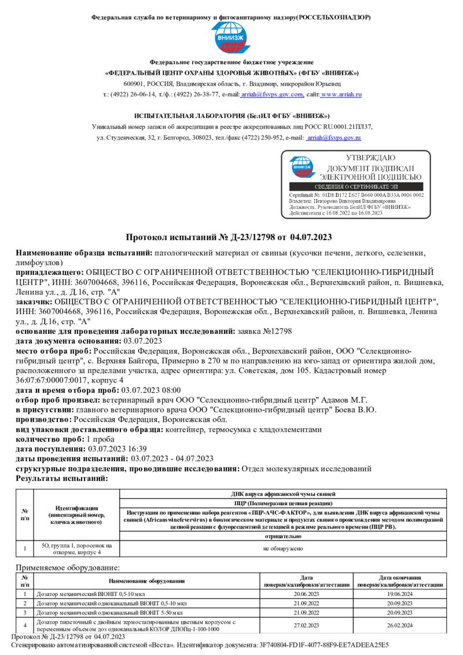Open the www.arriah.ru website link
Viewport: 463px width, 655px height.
click(341, 94)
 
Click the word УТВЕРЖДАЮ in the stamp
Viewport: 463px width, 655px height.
click(370, 158)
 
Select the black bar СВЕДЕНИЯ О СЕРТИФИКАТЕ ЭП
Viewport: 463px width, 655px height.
click(356, 187)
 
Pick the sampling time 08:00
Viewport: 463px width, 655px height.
click(171, 391)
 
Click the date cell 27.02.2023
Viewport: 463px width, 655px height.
click(307, 625)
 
